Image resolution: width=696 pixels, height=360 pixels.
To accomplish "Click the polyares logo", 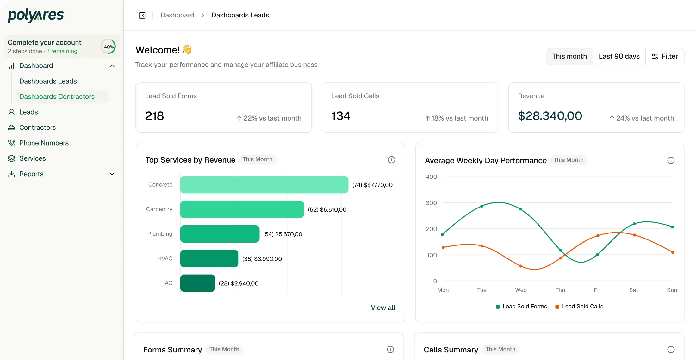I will [36, 15].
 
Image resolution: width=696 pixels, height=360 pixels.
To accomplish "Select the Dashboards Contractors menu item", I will [57, 96].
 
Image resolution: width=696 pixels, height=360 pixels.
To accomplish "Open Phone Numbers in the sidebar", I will [44, 143].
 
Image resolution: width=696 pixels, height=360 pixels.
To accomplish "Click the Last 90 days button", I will [619, 56].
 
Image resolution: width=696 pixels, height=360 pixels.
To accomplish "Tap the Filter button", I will [665, 56].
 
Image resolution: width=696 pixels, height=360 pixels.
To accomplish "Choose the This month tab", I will [569, 56].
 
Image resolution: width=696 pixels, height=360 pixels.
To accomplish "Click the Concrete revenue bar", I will [264, 185].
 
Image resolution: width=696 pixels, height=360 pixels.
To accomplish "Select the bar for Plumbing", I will [220, 234].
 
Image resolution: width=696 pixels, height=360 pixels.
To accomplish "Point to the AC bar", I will [198, 283].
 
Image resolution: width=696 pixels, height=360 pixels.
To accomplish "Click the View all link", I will [383, 307].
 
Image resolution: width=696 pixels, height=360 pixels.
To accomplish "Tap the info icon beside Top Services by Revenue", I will [391, 160].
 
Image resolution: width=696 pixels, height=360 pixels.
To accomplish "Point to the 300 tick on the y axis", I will [431, 203].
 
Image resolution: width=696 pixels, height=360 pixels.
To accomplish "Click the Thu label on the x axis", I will [560, 290].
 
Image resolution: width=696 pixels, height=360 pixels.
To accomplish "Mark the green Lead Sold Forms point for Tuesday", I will [482, 206].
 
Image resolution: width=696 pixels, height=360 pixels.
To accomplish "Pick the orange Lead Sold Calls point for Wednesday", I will [520, 266].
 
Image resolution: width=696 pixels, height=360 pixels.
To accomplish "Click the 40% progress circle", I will [109, 47].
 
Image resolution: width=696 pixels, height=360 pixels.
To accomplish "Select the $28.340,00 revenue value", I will [550, 116].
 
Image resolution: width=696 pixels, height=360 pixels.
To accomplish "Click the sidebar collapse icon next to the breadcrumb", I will [142, 16].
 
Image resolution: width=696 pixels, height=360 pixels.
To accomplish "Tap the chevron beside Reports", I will [112, 174].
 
